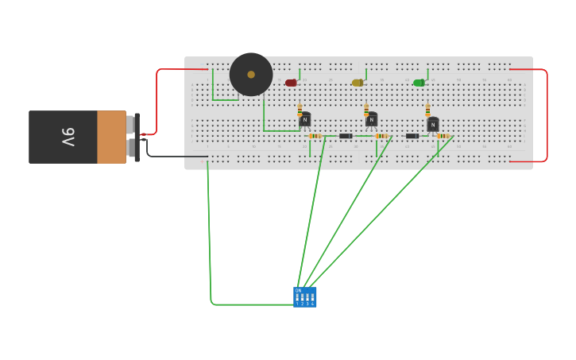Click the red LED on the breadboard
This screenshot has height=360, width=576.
point(291,83)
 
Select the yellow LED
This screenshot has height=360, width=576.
point(358,83)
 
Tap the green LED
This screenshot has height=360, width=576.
point(419,83)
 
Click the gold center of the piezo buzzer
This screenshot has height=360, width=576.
point(251,75)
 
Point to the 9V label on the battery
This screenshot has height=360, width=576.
point(68,137)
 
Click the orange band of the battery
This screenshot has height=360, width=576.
point(111,137)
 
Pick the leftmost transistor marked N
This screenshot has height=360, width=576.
point(305,120)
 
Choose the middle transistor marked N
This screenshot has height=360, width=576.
point(371,120)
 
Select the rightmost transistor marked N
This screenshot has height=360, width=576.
point(433,125)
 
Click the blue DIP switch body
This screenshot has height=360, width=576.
point(305,297)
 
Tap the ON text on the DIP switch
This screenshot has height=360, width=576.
point(299,290)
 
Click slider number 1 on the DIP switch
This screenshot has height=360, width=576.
point(298,298)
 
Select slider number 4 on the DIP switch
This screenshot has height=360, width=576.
point(312,298)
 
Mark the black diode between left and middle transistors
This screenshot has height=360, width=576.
point(346,136)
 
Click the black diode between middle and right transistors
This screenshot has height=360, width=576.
point(412,136)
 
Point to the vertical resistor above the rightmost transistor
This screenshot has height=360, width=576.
point(427,110)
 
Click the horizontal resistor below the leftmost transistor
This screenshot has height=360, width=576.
point(315,136)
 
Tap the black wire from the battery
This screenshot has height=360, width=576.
point(175,156)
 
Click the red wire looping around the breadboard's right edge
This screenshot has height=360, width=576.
point(547,115)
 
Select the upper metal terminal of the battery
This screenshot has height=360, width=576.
point(130,124)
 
